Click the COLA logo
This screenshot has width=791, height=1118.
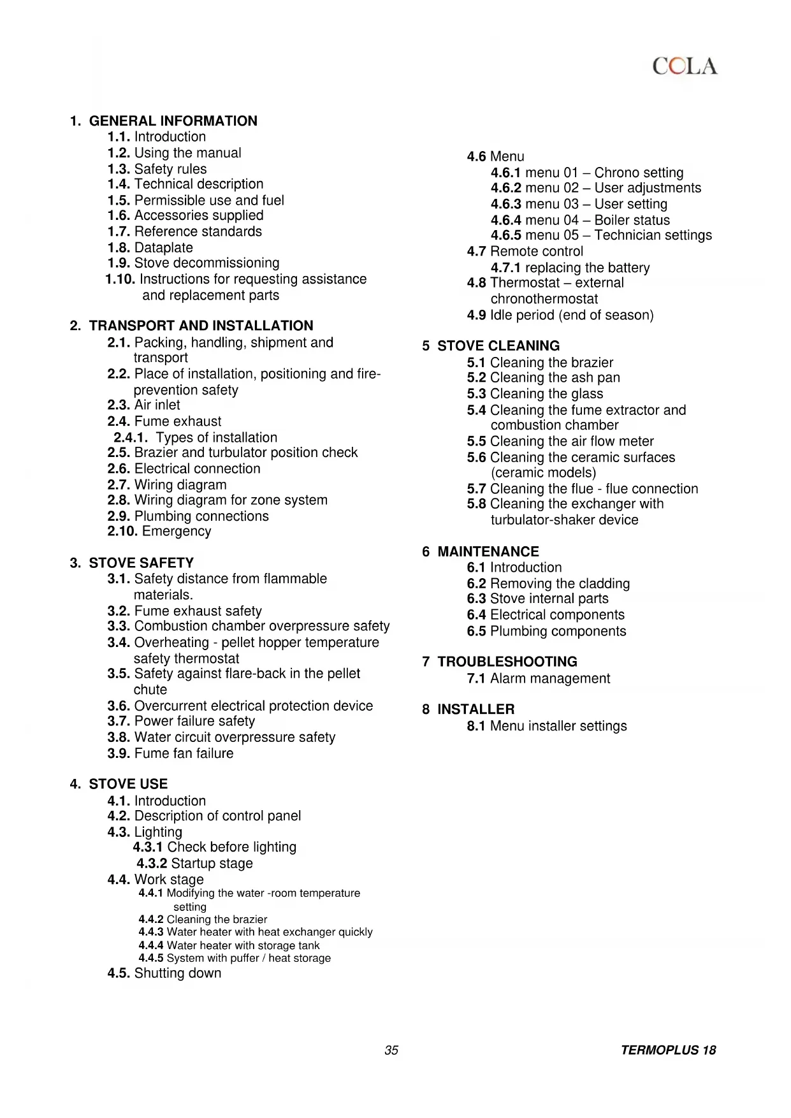(685, 66)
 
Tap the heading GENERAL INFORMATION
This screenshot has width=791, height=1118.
(173, 121)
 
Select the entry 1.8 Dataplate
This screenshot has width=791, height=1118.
(150, 247)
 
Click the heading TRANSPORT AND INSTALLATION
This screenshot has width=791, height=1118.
(201, 326)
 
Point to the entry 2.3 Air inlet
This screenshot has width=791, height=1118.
(144, 405)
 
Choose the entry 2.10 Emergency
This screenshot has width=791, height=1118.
(159, 532)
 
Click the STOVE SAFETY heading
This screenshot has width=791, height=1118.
(141, 563)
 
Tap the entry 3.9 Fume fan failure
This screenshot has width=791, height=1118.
(171, 753)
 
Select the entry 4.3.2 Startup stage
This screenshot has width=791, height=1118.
(194, 864)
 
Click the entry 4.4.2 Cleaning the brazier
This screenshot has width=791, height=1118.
(203, 919)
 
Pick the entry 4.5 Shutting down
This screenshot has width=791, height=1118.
(164, 973)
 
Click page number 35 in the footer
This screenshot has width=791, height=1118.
(391, 1050)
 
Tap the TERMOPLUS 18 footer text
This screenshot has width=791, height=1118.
(669, 1050)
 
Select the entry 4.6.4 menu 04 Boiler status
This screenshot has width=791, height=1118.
(580, 221)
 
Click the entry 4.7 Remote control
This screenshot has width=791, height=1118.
(525, 252)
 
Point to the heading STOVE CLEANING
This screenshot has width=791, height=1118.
(498, 346)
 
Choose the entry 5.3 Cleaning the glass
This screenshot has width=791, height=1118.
(535, 394)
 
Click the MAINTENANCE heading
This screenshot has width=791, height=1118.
(488, 552)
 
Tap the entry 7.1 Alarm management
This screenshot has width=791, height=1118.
(539, 679)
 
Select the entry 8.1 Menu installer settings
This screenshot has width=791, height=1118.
(547, 726)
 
